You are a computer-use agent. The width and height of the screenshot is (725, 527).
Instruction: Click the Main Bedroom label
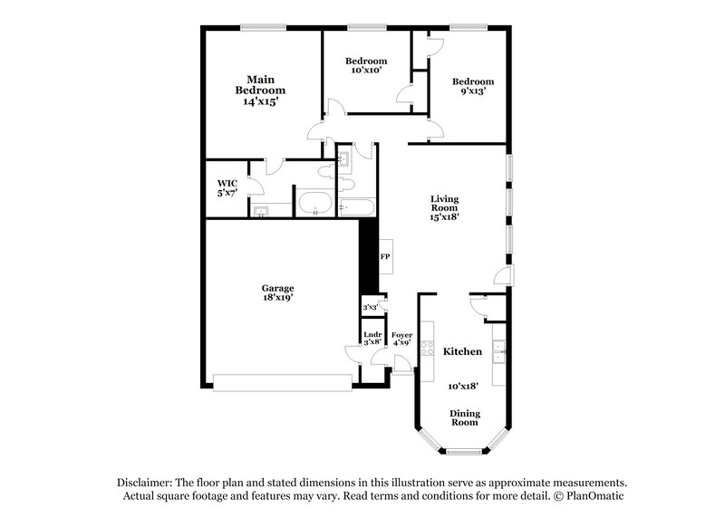[x=260, y=84]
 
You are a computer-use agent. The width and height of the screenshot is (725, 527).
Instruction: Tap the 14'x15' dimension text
[x=260, y=102]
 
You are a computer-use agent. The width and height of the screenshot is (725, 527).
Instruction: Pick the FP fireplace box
[x=385, y=256]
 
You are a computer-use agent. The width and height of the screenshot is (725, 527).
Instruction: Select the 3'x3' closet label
[x=371, y=308]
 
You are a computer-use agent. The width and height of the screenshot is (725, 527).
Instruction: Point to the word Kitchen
[x=462, y=350]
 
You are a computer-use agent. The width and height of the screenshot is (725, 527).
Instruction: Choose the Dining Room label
[x=465, y=418]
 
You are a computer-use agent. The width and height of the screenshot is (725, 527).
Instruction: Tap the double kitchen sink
[x=498, y=350]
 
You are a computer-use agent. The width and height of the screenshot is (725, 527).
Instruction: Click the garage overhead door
[x=282, y=382]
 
